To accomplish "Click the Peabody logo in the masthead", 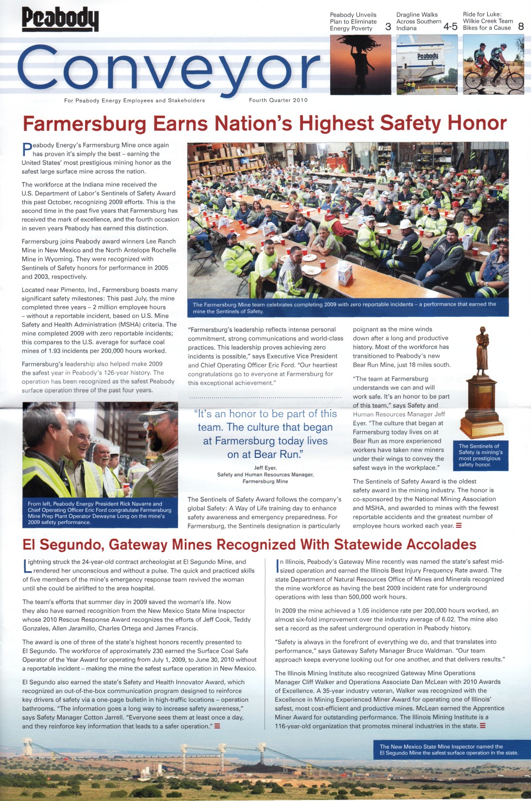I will (60, 19).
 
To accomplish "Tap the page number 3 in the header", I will (388, 27).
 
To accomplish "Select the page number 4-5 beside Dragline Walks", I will (450, 27).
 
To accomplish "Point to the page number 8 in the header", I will (521, 26).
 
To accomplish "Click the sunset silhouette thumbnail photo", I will (360, 65).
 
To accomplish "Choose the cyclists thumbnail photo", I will (493, 65).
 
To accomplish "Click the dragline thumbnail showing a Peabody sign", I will (427, 65).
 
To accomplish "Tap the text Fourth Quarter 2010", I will (278, 100).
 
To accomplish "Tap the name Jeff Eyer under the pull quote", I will (265, 468).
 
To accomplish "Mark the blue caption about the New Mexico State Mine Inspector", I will (448, 749).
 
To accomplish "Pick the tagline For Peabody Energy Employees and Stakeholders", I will (134, 101).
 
